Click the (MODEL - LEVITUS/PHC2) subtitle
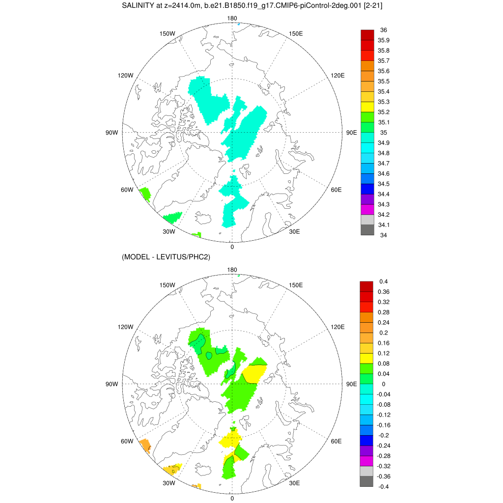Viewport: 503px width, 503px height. pyautogui.click(x=166, y=257)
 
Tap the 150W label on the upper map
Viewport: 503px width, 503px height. pyautogui.click(x=168, y=33)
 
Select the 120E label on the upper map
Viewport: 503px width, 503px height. pyautogui.click(x=338, y=75)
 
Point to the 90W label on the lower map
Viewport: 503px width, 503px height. pyautogui.click(x=112, y=384)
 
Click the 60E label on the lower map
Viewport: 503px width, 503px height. pyautogui.click(x=336, y=441)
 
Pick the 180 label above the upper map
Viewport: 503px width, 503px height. pyautogui.click(x=232, y=18)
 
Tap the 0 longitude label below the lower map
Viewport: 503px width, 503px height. pyautogui.click(x=232, y=498)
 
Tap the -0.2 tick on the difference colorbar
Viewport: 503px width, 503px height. pyautogui.click(x=384, y=435)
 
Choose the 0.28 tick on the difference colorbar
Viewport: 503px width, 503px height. pyautogui.click(x=384, y=312)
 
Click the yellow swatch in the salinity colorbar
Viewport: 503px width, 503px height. pyautogui.click(x=367, y=107)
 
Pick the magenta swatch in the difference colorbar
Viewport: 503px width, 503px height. pyautogui.click(x=367, y=461)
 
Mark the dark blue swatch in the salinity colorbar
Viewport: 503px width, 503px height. pyautogui.click(x=367, y=189)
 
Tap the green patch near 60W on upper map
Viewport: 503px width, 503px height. pyautogui.click(x=144, y=194)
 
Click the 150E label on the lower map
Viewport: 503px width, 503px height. pyautogui.click(x=296, y=285)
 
